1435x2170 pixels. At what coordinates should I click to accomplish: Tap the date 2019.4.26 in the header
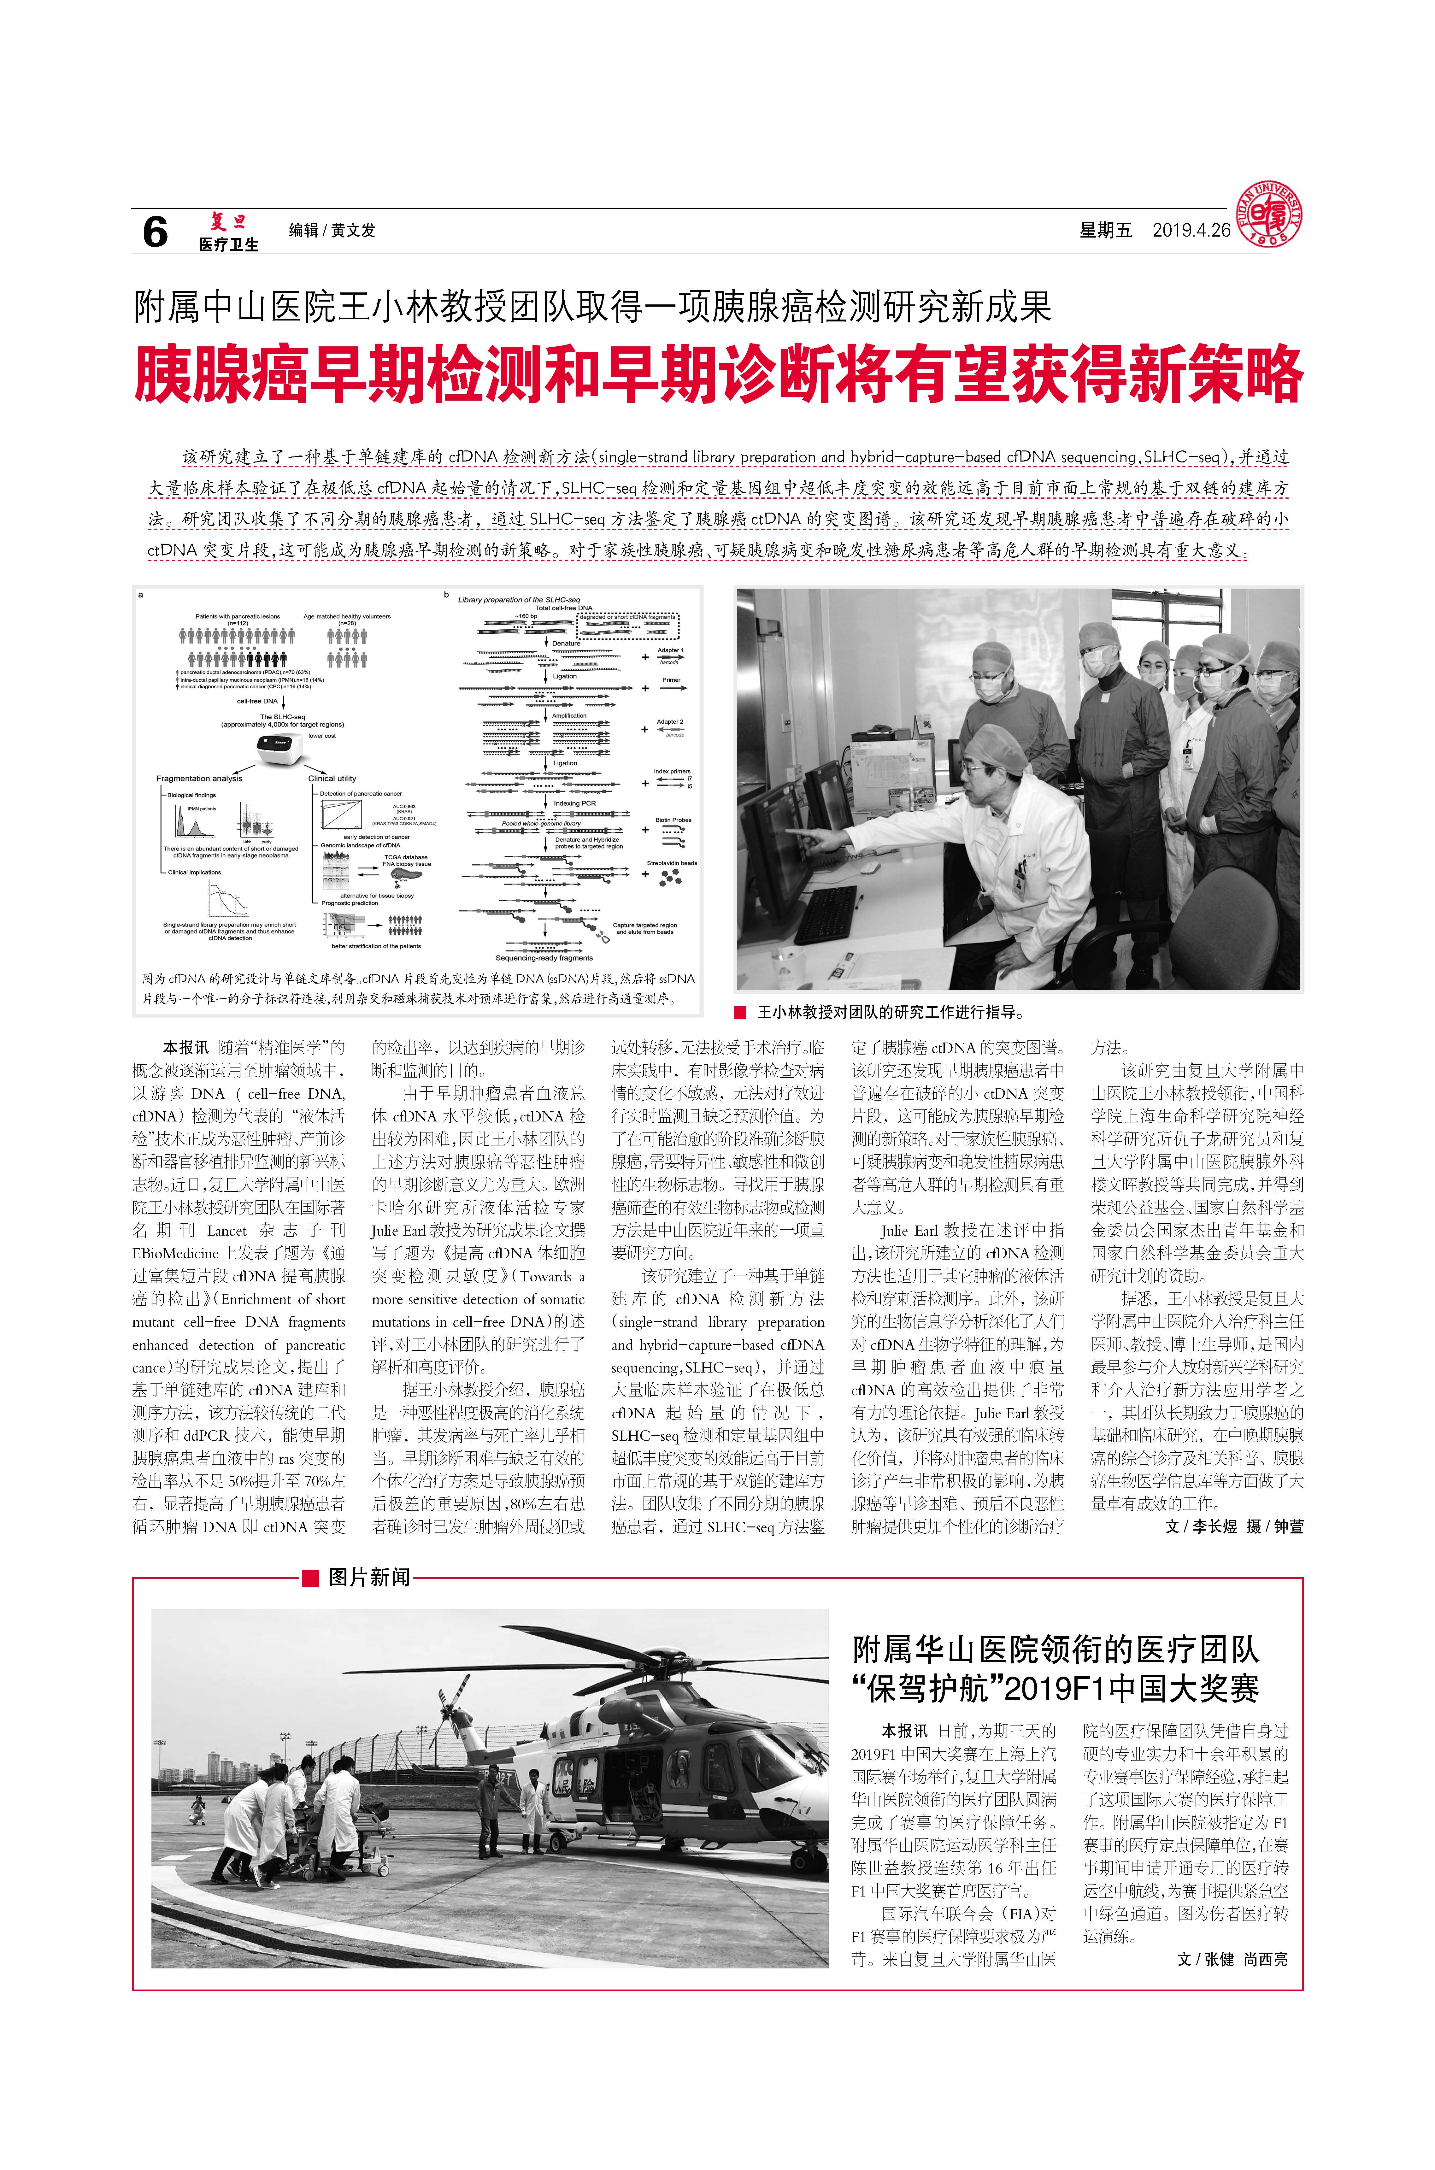pos(1191,231)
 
